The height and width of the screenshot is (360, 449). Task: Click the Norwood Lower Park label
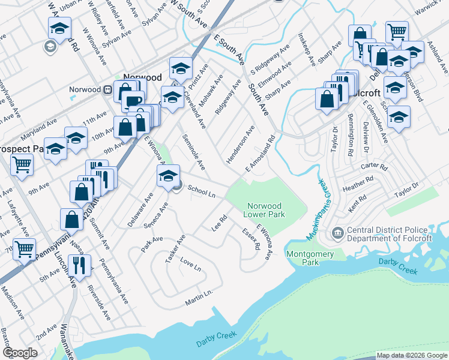(264, 209)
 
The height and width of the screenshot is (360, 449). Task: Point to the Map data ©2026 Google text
(411, 355)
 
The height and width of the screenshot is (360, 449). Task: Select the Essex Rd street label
(251, 239)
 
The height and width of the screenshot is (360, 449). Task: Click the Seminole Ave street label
(193, 152)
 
